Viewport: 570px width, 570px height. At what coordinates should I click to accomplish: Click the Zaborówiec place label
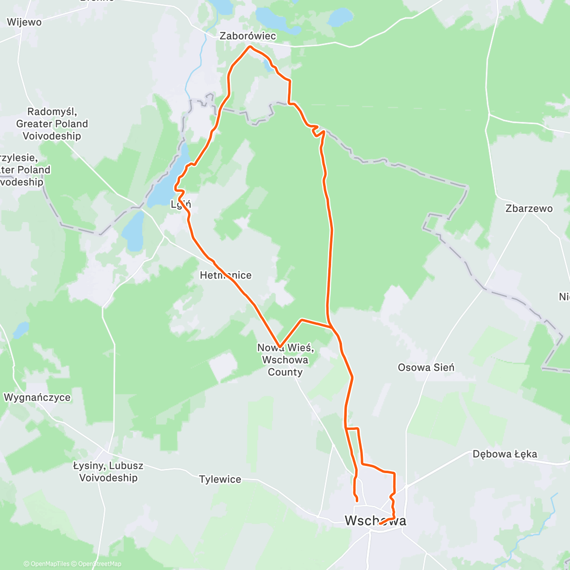point(247,36)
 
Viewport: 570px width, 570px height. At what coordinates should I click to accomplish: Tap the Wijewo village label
point(24,22)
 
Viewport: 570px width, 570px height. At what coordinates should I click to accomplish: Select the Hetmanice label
point(226,275)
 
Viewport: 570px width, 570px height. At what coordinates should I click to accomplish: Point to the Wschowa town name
point(375,521)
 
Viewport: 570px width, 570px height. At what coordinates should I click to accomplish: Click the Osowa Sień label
point(426,367)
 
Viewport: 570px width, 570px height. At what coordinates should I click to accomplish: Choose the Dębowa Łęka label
point(505,454)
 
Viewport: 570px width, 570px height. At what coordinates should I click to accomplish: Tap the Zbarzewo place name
point(529,209)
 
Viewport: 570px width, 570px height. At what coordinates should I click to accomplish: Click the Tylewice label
point(220,479)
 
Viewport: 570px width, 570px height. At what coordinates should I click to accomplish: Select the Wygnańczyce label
point(37,398)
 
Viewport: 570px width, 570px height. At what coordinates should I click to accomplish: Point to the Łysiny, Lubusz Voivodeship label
point(108,472)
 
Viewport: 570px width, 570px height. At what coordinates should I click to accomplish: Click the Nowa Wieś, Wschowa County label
point(285,360)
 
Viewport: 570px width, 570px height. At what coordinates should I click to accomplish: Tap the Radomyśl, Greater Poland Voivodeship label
point(52,124)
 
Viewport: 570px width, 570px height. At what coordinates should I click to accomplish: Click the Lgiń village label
point(181,205)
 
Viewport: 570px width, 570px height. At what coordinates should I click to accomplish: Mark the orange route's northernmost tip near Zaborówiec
point(250,47)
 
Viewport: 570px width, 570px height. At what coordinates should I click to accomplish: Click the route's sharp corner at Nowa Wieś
point(280,347)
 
